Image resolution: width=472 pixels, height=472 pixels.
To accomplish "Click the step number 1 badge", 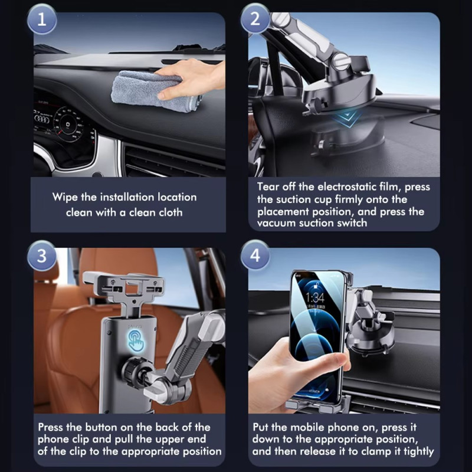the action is [x=41, y=19].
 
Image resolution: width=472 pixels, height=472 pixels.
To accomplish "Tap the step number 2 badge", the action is [x=255, y=19].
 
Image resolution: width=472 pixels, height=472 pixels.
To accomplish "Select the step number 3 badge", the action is [x=41, y=256].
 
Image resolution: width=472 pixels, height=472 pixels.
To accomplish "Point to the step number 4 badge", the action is [x=255, y=255].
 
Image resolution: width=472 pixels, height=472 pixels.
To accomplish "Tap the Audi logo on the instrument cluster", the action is [x=42, y=119].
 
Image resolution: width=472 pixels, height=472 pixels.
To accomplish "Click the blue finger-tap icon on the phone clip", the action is [x=137, y=341].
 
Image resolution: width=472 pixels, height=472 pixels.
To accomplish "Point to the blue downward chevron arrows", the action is [x=347, y=117].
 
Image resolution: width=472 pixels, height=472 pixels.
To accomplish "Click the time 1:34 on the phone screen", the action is [x=315, y=298].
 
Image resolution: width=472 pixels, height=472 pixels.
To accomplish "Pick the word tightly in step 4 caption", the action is [x=419, y=451].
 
